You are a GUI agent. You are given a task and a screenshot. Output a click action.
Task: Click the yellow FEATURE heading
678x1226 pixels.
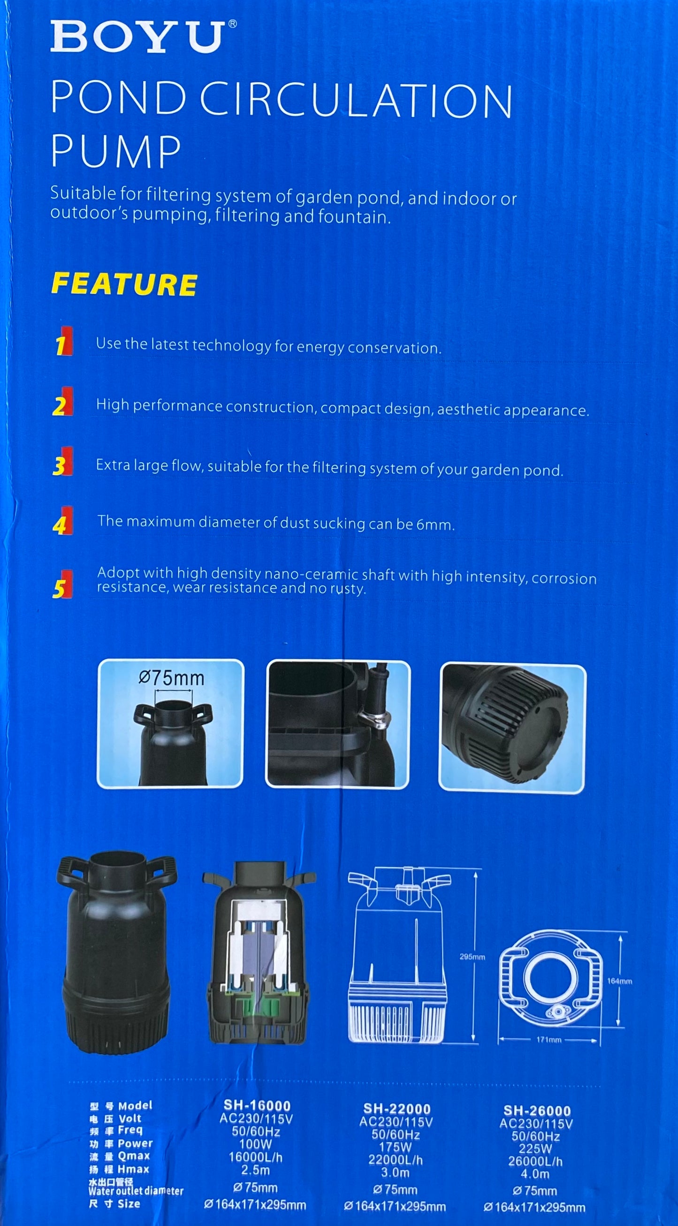point(124,284)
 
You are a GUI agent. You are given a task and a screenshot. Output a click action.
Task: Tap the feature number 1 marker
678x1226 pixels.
point(62,341)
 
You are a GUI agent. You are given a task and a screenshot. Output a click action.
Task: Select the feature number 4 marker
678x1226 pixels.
point(62,521)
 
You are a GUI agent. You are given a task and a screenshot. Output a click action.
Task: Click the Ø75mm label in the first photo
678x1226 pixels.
point(171,678)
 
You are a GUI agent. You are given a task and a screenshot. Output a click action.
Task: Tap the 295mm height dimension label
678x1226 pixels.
point(472,943)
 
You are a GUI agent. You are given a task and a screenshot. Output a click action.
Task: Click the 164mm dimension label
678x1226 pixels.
point(619,967)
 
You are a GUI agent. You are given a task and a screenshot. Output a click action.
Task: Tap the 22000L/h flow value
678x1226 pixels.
point(396,1157)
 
